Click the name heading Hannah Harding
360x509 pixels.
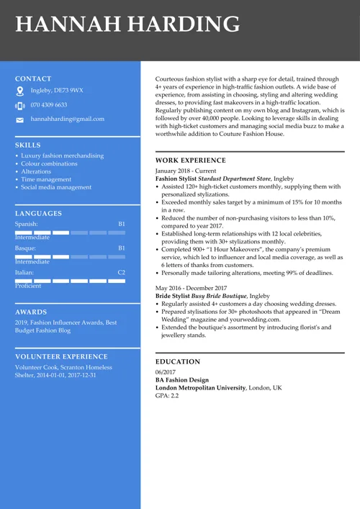(x=127, y=24)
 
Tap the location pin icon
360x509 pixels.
(x=19, y=91)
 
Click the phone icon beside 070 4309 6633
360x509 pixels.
(x=19, y=106)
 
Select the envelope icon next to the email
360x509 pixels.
(x=19, y=120)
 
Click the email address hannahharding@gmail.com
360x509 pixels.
(x=67, y=119)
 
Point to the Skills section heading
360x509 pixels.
(x=28, y=145)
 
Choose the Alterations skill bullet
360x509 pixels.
(x=36, y=171)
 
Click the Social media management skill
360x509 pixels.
(x=56, y=187)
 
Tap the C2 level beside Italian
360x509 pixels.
(x=121, y=273)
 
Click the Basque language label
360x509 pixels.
(x=25, y=248)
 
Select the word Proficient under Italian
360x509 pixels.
(x=28, y=286)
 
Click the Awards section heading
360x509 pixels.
(x=31, y=312)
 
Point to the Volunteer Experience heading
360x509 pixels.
(x=61, y=356)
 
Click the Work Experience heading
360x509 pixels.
(x=190, y=161)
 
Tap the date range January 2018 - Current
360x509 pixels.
(x=186, y=171)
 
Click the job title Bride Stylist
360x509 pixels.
(x=173, y=296)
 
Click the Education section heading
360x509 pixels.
(x=178, y=361)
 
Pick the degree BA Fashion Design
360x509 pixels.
(x=182, y=379)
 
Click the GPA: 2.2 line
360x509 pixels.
(x=167, y=396)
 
